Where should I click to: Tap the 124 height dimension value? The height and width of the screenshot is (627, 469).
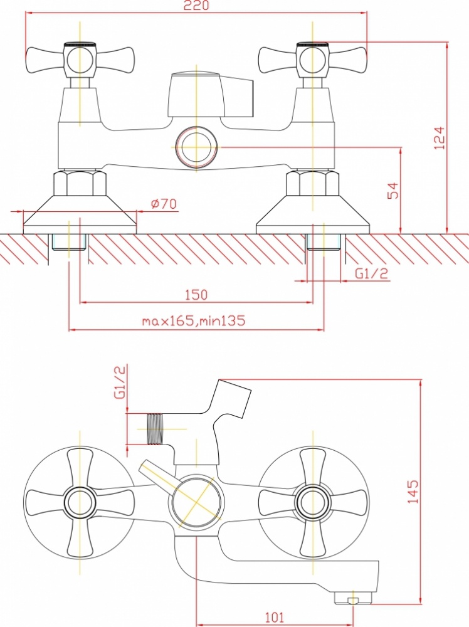[x=439, y=138]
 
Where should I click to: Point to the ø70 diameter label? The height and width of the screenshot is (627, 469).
[x=164, y=204]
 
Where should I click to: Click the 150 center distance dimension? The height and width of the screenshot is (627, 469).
[x=196, y=295]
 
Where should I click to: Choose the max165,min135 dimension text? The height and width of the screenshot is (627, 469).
[x=193, y=320]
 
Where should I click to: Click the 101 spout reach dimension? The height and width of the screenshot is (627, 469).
[x=274, y=618]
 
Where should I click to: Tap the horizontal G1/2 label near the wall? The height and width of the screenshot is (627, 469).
[x=371, y=273]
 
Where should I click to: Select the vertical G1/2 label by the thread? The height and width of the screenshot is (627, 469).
[x=120, y=381]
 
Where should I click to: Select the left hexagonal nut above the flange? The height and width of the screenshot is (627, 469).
[x=80, y=183]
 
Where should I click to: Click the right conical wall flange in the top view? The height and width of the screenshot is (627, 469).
[x=313, y=214]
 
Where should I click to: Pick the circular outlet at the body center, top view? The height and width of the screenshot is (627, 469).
[x=196, y=147]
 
